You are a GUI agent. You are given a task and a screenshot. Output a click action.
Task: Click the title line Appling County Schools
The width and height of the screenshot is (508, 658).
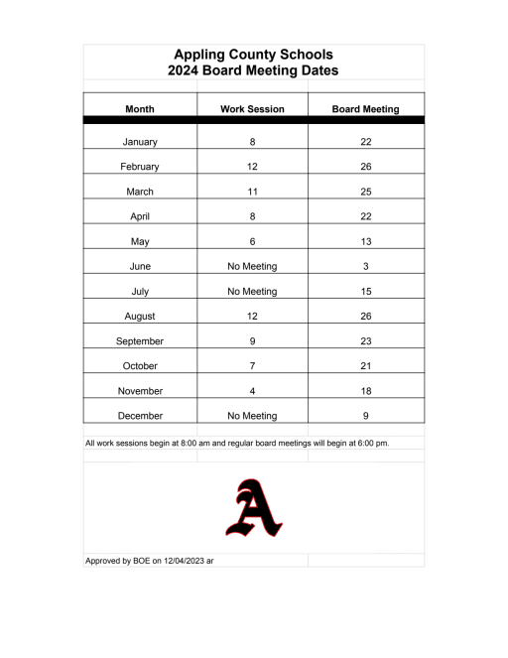click(253, 55)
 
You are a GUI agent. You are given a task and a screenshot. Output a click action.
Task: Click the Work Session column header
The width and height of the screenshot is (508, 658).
click(252, 108)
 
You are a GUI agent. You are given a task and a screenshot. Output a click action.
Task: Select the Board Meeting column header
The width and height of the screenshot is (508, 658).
click(365, 108)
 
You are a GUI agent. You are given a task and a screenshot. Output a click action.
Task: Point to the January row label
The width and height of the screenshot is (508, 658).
click(139, 142)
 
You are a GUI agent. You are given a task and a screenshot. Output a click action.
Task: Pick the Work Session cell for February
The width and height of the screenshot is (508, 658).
click(252, 167)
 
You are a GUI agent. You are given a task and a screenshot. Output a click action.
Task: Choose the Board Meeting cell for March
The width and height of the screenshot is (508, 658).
click(365, 192)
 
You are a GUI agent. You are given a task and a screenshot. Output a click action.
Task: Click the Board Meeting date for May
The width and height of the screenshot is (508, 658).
click(365, 241)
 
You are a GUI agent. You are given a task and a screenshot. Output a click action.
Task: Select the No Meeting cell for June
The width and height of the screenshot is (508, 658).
click(252, 266)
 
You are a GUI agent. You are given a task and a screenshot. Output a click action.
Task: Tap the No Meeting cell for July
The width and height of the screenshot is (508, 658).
click(252, 291)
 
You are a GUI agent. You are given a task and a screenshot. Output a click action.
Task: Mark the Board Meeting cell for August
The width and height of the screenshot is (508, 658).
click(365, 316)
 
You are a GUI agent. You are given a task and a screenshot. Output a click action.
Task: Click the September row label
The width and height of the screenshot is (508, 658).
click(139, 340)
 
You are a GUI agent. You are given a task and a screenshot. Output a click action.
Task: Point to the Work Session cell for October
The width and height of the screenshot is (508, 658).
click(252, 365)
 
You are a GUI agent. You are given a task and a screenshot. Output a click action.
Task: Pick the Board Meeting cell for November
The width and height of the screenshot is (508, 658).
click(365, 391)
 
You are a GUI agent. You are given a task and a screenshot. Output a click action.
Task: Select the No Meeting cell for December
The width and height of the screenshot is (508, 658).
click(252, 416)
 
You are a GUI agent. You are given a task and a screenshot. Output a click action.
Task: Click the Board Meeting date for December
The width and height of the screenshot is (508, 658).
click(365, 416)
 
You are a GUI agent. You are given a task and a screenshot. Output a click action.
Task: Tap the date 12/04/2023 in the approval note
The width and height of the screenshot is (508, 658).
click(178, 561)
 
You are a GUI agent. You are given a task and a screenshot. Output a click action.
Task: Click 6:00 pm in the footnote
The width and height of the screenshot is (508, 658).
click(372, 443)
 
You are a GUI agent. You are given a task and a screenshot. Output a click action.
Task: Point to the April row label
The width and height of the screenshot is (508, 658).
click(139, 216)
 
